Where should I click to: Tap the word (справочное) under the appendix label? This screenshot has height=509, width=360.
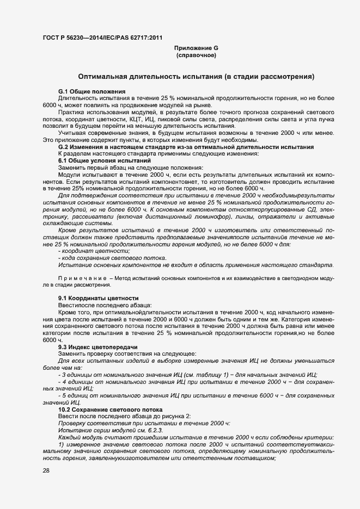pyautogui.click(x=196, y=55)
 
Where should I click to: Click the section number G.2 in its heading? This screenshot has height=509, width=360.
pyautogui.click(x=64, y=147)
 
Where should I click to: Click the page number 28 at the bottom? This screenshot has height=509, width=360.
pyautogui.click(x=46, y=471)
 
